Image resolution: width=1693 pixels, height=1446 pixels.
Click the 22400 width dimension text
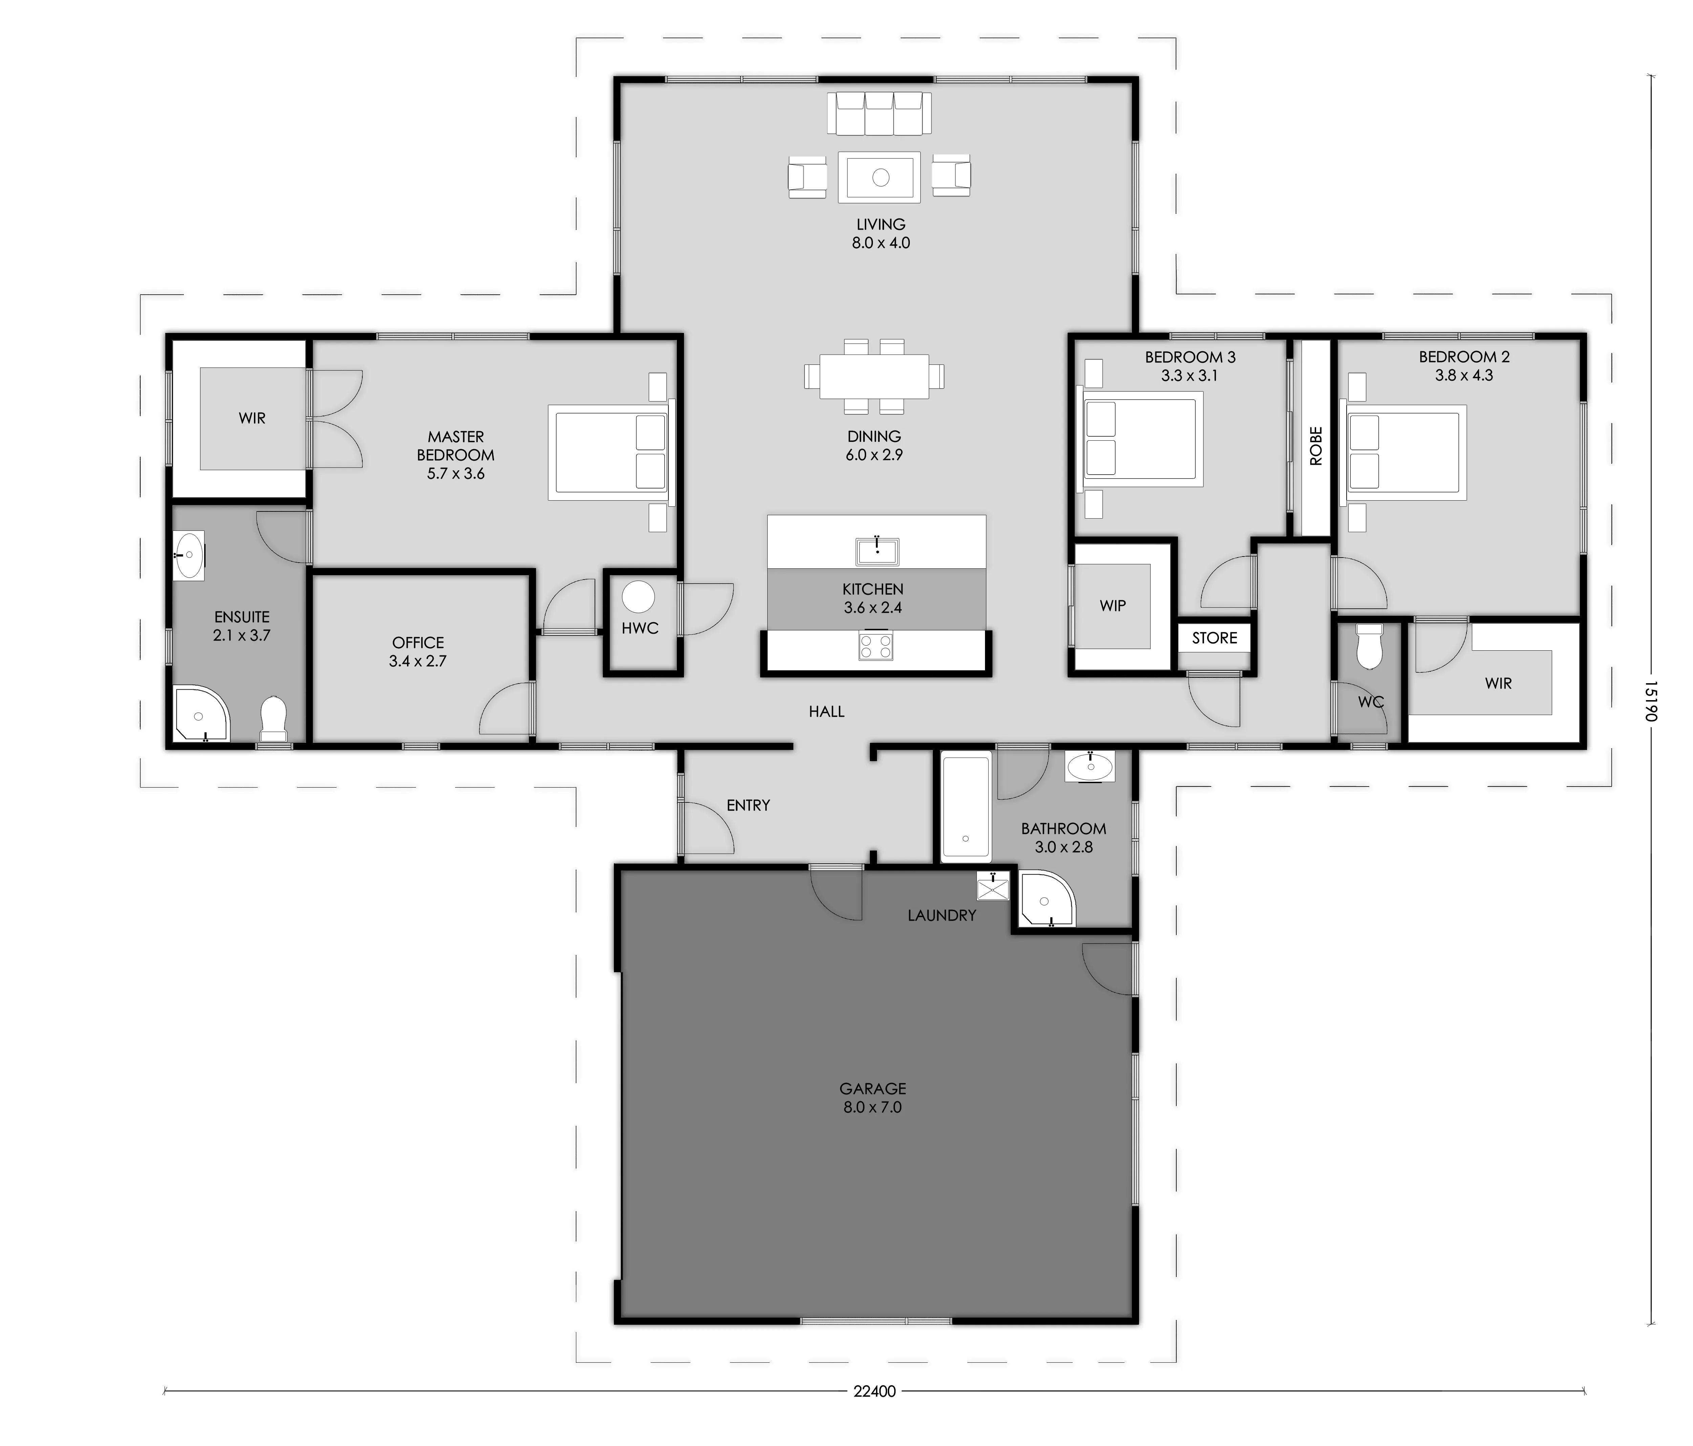point(874,1391)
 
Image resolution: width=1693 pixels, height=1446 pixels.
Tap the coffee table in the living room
point(880,176)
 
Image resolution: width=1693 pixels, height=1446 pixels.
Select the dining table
point(874,376)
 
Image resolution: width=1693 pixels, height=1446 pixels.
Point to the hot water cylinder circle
point(638,597)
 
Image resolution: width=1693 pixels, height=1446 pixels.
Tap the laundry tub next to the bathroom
point(993,886)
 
